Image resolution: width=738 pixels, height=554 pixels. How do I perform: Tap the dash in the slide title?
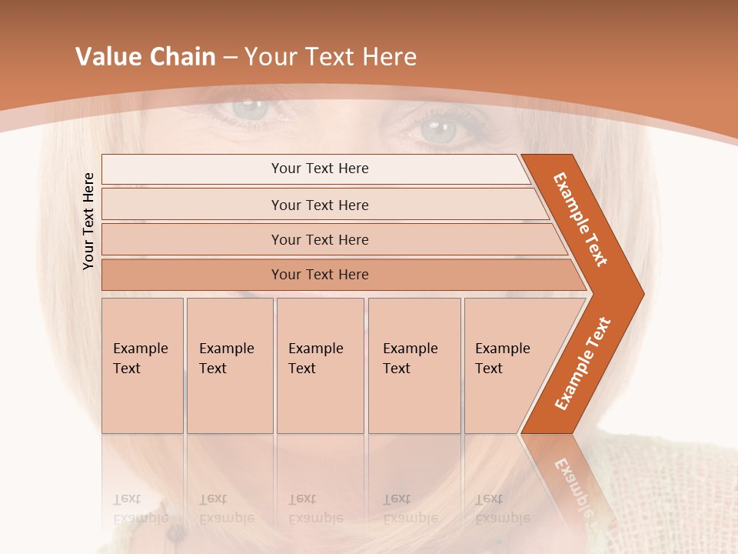coord(230,58)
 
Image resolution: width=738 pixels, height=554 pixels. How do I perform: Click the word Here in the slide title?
coord(389,57)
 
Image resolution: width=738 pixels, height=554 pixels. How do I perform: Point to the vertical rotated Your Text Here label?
coord(88,222)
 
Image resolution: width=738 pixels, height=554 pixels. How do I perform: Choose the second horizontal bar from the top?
coord(319,205)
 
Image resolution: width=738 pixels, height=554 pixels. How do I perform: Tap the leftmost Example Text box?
coord(142,365)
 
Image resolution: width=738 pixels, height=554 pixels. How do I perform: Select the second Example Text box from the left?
coord(229,365)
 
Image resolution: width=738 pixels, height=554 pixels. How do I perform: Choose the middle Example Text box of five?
coord(320,365)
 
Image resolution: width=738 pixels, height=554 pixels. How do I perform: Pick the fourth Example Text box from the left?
coord(414,365)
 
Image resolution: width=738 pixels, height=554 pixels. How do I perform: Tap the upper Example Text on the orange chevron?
coord(580,219)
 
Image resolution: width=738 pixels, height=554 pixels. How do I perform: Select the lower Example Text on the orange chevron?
coord(582,364)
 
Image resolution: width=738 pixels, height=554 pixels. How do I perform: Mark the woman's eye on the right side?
coord(444,128)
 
